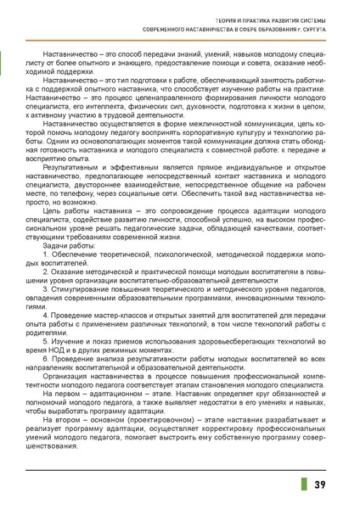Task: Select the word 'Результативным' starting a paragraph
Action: (x=76, y=169)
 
